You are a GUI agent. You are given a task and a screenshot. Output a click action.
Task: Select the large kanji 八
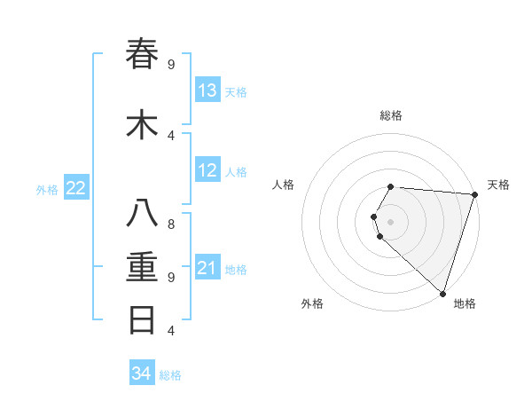[143, 214]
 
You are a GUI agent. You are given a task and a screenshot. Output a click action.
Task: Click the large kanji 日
[143, 319]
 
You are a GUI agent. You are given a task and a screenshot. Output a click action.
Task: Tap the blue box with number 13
[207, 90]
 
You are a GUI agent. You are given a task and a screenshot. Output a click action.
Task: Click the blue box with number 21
[207, 268]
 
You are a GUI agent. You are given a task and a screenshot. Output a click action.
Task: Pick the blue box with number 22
[76, 187]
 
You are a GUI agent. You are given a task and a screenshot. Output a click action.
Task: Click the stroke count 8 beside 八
[171, 224]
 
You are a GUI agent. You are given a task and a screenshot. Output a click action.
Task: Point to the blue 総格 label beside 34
[170, 375]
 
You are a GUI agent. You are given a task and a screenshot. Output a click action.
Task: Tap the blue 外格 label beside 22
[47, 189]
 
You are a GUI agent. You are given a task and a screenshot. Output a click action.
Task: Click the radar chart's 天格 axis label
[498, 185]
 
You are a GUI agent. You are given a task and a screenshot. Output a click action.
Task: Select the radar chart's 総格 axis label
[391, 115]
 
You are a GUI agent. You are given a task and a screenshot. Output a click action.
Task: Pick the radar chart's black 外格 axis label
[312, 303]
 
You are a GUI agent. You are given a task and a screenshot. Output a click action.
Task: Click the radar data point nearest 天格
[474, 194]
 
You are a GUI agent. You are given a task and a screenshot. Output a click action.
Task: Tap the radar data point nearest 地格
[442, 293]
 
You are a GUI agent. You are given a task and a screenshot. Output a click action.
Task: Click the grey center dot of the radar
[391, 221]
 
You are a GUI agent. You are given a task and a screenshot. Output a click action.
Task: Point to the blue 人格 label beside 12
[236, 172]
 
